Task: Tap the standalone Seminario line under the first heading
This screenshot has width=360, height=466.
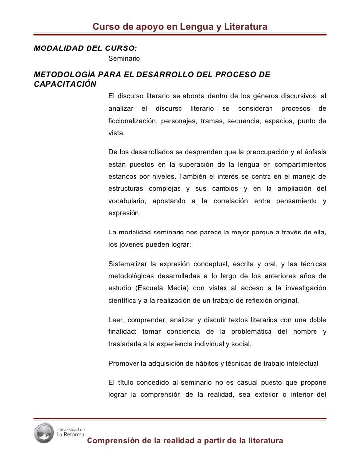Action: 124,59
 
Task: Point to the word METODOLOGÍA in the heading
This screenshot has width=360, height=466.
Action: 64,75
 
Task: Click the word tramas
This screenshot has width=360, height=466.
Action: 211,121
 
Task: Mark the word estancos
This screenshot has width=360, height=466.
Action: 122,177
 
